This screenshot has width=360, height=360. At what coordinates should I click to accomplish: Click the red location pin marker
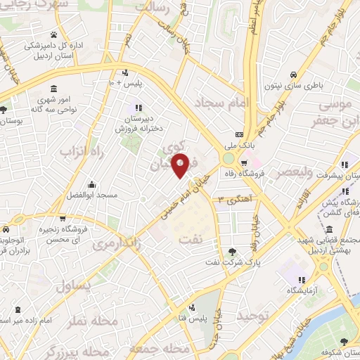click(x=180, y=165)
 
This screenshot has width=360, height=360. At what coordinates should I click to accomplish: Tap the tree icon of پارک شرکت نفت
click(x=232, y=252)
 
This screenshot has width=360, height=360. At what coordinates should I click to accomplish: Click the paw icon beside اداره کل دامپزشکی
click(x=53, y=34)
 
